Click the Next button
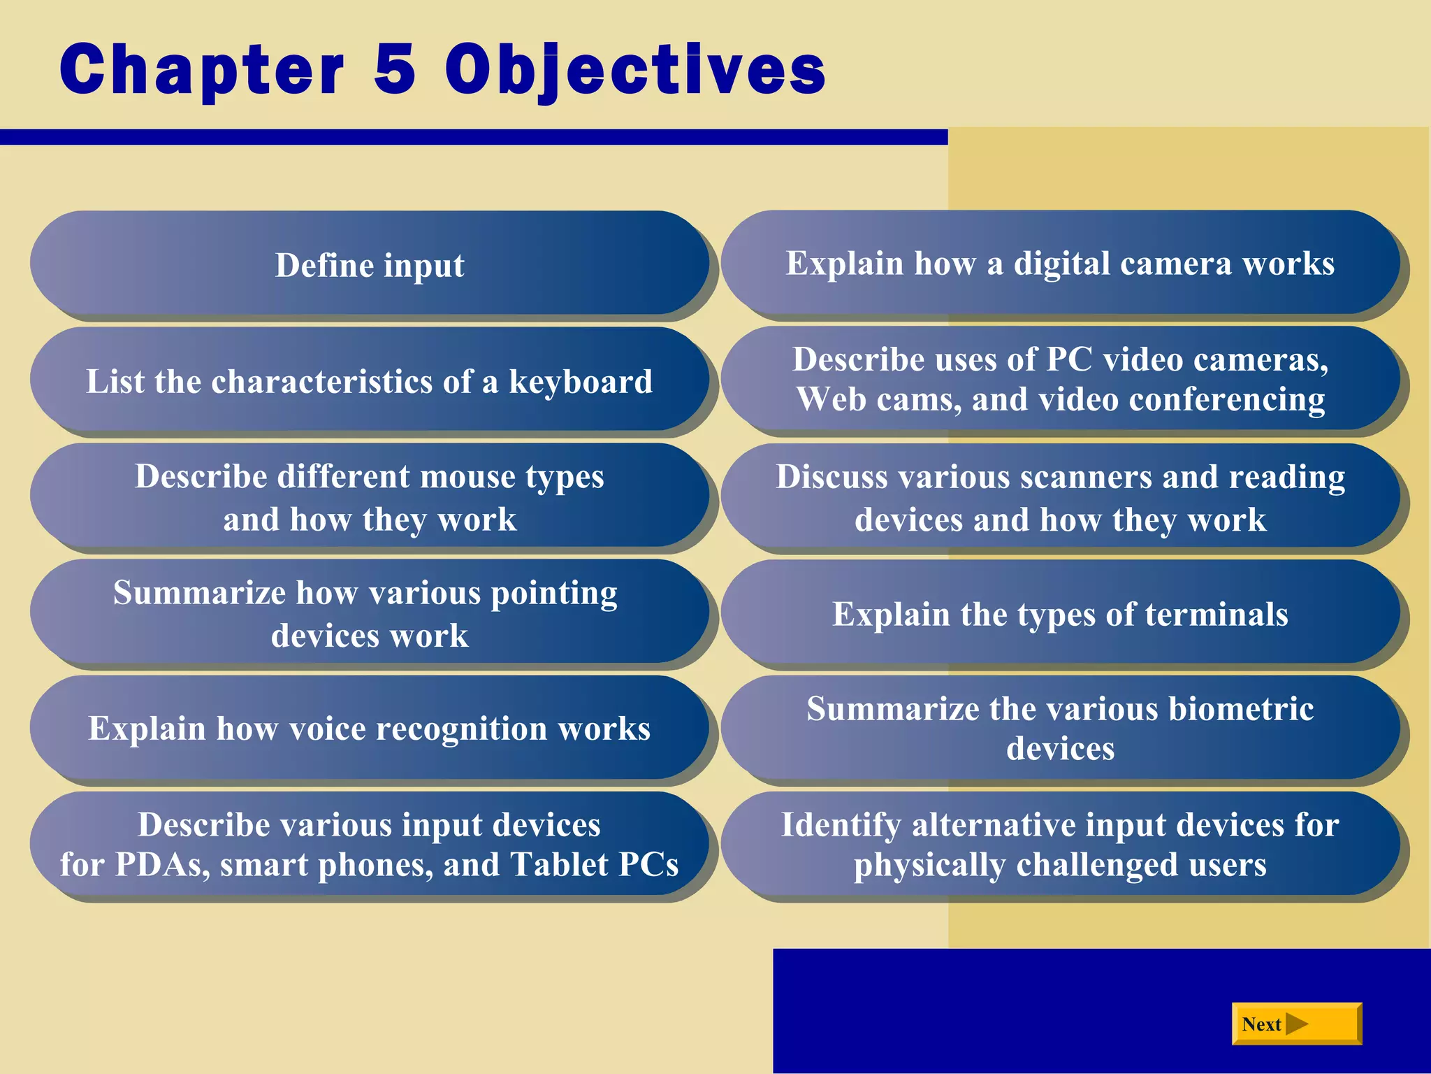coord(1296,1024)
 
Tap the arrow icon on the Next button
coord(1297,1024)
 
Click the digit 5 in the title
coord(395,69)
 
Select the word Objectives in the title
coord(635,70)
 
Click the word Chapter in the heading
coord(202,70)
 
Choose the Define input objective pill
coord(369,265)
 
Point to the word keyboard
coord(581,382)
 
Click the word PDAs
coord(162,865)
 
